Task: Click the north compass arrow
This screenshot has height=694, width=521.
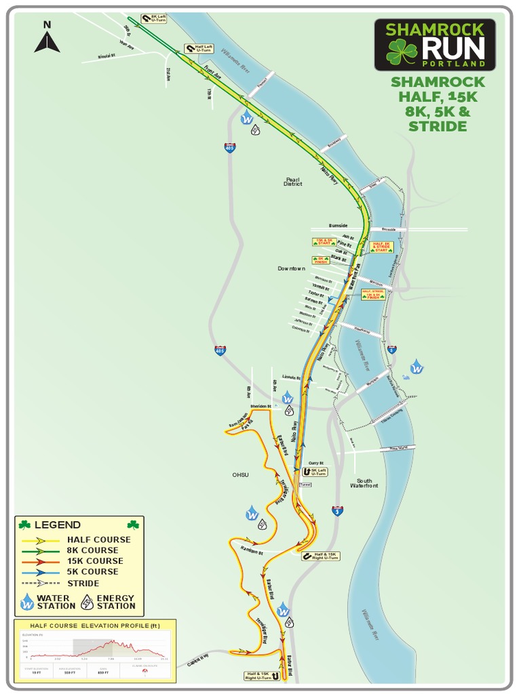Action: point(47,42)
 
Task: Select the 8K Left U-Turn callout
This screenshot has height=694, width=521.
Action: point(154,18)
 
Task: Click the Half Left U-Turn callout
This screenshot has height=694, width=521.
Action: point(199,49)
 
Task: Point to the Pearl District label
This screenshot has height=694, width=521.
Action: point(292,182)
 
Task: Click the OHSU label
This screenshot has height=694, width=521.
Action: point(240,474)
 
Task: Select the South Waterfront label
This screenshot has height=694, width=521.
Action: point(365,483)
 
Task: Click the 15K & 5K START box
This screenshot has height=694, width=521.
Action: point(324,242)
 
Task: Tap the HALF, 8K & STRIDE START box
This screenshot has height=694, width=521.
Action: point(381,246)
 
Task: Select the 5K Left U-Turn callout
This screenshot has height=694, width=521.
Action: point(315,471)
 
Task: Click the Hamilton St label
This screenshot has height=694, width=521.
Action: point(250,553)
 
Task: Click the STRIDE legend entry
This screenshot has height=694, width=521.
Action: point(83,583)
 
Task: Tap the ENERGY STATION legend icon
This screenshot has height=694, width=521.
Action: point(88,601)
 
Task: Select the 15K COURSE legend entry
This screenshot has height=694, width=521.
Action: point(95,561)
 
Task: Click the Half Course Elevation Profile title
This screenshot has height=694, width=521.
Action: point(95,625)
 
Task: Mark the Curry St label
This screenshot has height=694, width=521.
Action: point(316,462)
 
